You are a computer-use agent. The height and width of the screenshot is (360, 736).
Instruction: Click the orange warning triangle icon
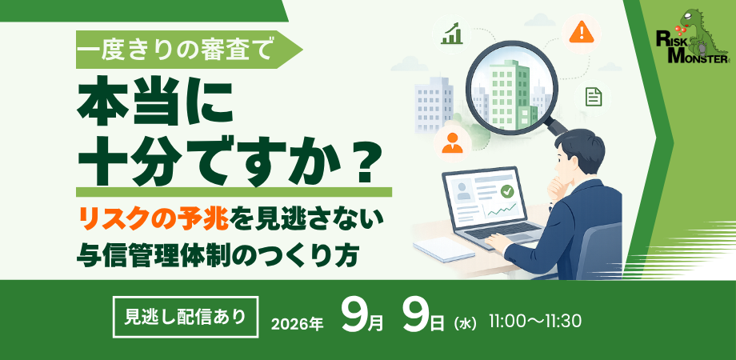pyautogui.click(x=581, y=32)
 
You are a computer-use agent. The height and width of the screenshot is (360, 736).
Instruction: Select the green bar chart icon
pyautogui.click(x=451, y=33)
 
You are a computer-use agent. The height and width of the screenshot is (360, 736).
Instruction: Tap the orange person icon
pyautogui.click(x=452, y=142)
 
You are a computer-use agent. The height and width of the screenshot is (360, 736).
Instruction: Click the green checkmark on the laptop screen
pyautogui.click(x=506, y=190)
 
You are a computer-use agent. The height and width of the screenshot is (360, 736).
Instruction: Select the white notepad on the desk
pyautogui.click(x=443, y=249)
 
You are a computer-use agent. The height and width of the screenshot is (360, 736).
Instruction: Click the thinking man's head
pyautogui.click(x=578, y=155)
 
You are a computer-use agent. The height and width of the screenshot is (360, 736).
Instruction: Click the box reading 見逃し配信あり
pyautogui.click(x=186, y=318)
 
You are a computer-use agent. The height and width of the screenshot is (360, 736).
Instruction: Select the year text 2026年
pyautogui.click(x=298, y=324)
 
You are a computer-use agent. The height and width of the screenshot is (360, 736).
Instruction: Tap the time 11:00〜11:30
pyautogui.click(x=535, y=321)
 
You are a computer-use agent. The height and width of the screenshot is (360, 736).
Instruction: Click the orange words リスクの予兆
pyautogui.click(x=154, y=218)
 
